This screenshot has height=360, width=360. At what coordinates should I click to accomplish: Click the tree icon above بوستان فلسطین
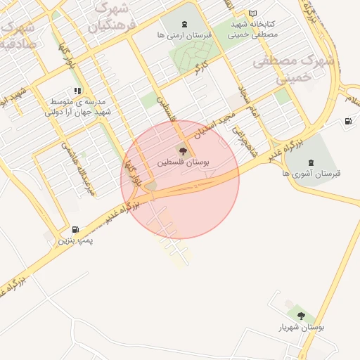click(183, 150)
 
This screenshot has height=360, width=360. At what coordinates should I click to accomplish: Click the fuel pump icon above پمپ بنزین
click(75, 229)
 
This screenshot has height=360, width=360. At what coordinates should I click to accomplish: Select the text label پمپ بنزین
click(76, 240)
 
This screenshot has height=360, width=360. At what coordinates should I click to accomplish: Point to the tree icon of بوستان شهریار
click(301, 316)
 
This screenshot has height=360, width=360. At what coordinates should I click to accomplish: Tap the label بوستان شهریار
click(301, 328)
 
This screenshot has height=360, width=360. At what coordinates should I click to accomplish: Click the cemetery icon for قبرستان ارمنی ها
click(185, 25)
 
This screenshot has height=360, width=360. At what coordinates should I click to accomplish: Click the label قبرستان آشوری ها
click(311, 173)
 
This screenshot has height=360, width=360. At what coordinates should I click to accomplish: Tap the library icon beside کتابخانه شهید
click(253, 13)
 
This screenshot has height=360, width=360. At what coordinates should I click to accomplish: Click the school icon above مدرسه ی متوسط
click(77, 91)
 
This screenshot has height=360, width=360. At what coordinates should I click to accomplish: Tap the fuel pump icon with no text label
click(348, 122)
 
